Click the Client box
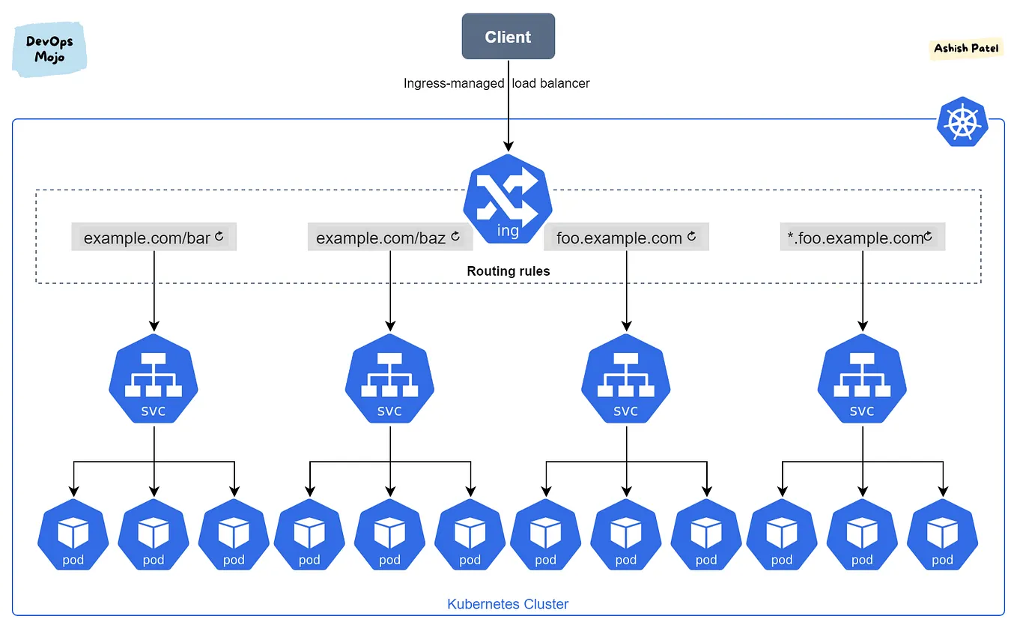pyautogui.click(x=508, y=37)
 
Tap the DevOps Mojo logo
pyautogui.click(x=49, y=49)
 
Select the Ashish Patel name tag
pyautogui.click(x=966, y=49)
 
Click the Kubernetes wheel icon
pyautogui.click(x=962, y=122)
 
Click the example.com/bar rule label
pyautogui.click(x=147, y=238)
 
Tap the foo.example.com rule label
pyautogui.click(x=619, y=238)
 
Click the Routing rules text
pyautogui.click(x=508, y=271)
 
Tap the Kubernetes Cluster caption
pyautogui.click(x=508, y=604)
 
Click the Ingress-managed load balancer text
pyautogui.click(x=497, y=83)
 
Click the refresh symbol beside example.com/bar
pyautogui.click(x=219, y=237)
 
